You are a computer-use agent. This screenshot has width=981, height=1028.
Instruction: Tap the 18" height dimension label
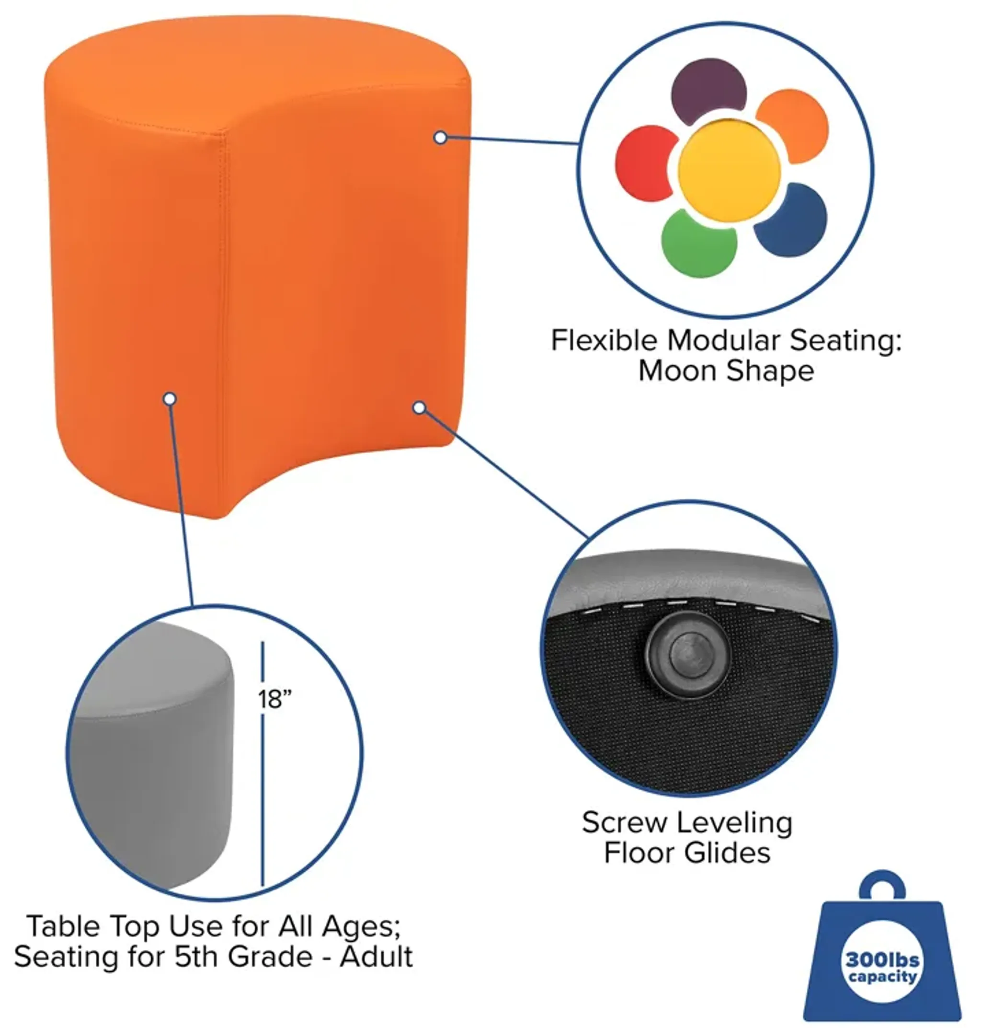(274, 698)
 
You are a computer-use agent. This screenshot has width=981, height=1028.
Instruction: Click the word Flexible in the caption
(604, 340)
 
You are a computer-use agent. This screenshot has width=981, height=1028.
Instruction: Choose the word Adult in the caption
(376, 958)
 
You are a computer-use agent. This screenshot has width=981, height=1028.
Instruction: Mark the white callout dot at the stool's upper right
(440, 138)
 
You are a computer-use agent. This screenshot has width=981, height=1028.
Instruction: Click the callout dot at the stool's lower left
(170, 399)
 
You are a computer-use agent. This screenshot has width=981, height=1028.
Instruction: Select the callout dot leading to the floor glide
(419, 407)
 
